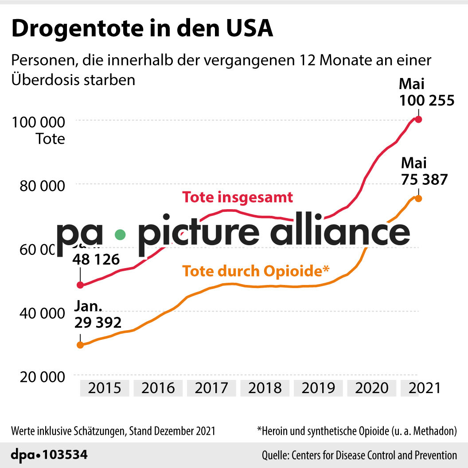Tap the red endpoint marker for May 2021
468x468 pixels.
pos(418,119)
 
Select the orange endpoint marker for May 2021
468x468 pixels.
pos(418,199)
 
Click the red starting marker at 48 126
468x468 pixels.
pos(80,285)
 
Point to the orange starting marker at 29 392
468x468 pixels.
pos(80,345)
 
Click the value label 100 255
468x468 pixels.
pos(426,101)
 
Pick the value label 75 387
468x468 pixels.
pos(424,179)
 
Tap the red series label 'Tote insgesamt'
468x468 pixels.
pos(238,197)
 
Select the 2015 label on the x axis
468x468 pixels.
pos(105,388)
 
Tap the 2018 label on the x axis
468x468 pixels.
pos(265,388)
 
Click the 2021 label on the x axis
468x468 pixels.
pos(424,388)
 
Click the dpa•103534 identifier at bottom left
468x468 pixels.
pos(49,455)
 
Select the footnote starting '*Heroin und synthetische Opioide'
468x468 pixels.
pos(357,430)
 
